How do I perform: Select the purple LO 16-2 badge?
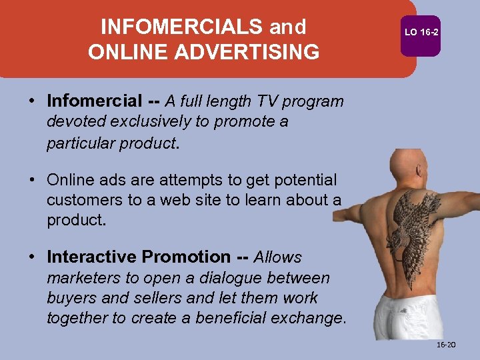(x=421, y=32)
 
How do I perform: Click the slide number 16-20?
(x=445, y=345)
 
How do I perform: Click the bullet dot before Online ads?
(x=32, y=180)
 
